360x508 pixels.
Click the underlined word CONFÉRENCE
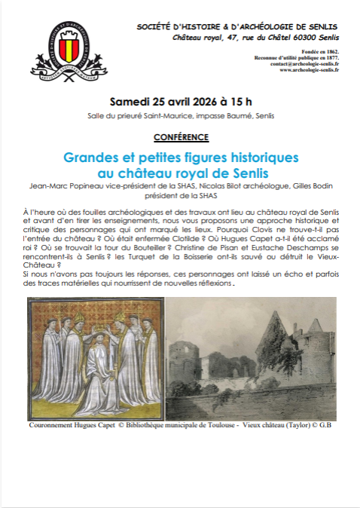click(180, 137)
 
